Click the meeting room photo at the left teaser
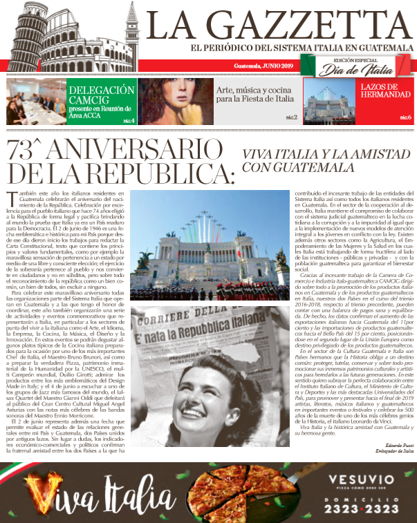(35, 101)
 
